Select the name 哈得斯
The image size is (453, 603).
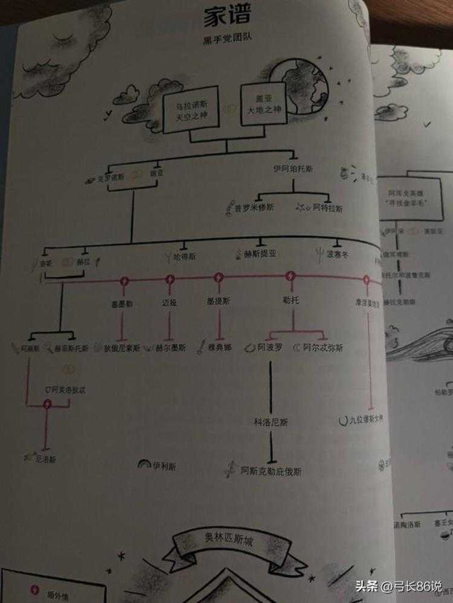[185, 257]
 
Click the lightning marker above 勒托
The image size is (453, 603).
[292, 276]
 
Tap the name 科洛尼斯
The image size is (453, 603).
[270, 423]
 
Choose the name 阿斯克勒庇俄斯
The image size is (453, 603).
[271, 470]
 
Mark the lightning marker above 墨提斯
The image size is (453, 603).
[219, 278]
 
